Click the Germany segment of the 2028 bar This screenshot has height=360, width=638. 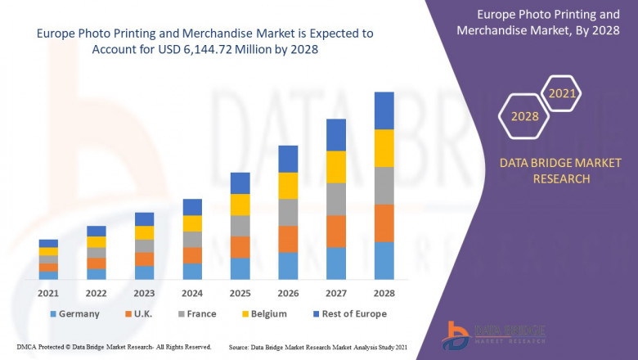pos(384,260)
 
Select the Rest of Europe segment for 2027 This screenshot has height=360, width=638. pos(335,135)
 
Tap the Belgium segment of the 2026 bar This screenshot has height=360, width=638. pos(287,186)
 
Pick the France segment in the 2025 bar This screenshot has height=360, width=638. pos(240,226)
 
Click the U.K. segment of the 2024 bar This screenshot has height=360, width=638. pos(191,255)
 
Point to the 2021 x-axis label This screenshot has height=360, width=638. pos(48,292)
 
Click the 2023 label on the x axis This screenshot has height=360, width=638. pos(144,292)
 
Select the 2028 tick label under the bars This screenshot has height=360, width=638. pos(384,292)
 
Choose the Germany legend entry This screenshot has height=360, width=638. pos(74,313)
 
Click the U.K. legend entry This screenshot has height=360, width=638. pos(139,313)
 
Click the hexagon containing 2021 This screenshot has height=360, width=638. pos(562,94)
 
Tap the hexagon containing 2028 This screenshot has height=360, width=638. pos(525,117)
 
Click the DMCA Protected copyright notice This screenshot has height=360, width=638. pos(114,347)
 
